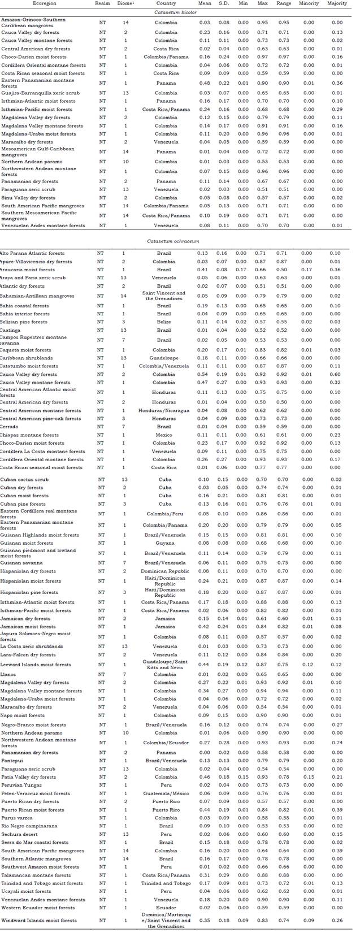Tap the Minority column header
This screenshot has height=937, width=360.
(309, 3)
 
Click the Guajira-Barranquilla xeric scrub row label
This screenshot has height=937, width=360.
(33, 93)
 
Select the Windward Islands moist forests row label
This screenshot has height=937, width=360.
(38, 920)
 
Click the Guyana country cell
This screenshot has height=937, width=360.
(165, 543)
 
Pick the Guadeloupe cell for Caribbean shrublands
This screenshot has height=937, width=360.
(165, 358)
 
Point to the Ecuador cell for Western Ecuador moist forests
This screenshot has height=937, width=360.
(165, 908)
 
